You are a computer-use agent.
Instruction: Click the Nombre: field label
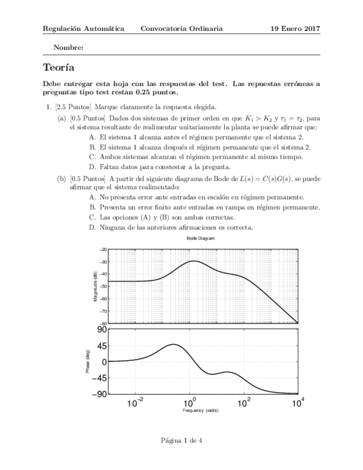68,48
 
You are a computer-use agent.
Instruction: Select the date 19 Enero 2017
295,28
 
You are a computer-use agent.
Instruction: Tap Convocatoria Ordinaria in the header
182,28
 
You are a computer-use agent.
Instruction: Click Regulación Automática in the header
83,28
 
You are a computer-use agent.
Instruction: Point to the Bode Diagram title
201,238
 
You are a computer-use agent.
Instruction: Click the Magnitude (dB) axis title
95,287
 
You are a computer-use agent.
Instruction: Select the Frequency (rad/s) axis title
201,411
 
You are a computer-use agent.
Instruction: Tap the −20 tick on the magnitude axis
103,249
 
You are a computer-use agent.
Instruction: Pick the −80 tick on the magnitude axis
103,324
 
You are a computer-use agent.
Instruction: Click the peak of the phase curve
173,344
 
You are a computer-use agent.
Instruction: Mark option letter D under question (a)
92,166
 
